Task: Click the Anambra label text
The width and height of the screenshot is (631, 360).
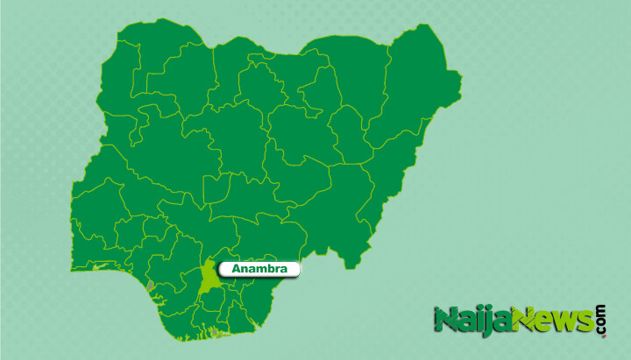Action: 259,269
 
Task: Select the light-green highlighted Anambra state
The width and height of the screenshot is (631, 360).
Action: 209,279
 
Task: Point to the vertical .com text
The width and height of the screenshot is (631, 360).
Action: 601,321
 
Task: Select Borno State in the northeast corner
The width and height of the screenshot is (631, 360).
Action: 412,79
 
